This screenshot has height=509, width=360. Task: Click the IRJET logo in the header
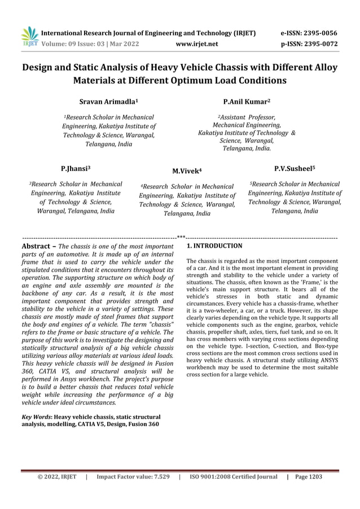[29, 37]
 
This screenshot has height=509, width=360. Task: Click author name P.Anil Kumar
[247, 102]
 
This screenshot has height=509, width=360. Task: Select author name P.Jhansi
[76, 169]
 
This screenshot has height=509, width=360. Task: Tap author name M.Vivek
[187, 170]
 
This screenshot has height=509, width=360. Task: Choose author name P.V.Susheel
[295, 168]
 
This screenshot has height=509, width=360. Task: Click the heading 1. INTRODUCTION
[214, 246]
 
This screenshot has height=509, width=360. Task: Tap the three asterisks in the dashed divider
[181, 238]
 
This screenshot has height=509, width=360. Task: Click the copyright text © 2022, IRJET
[56, 477]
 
